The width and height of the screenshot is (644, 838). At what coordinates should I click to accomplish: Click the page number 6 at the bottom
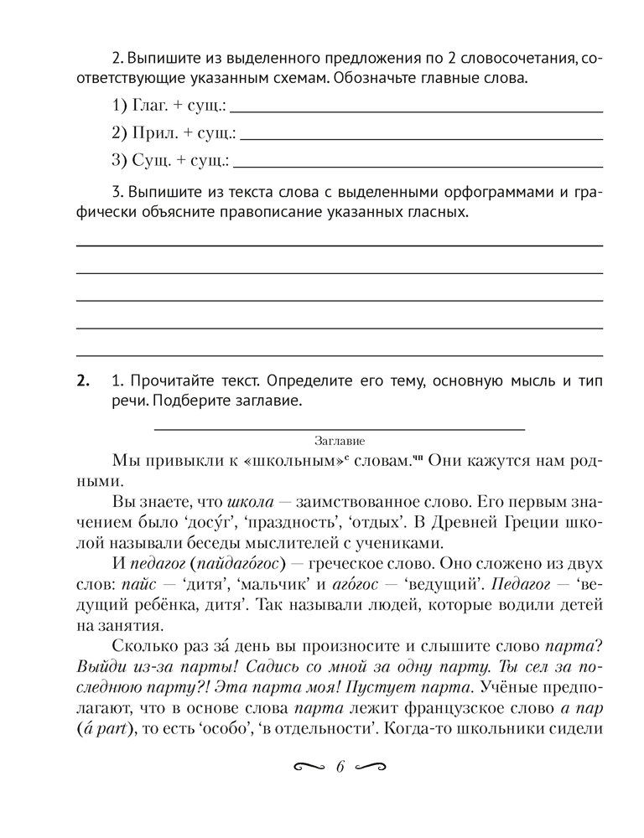point(340,768)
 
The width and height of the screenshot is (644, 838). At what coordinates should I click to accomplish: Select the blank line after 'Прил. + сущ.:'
point(421,136)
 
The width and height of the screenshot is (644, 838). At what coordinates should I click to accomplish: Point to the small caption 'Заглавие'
point(340,439)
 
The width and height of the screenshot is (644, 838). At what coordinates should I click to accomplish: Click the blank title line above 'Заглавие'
point(340,427)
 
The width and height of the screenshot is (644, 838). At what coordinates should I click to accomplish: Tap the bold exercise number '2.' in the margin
point(83,382)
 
